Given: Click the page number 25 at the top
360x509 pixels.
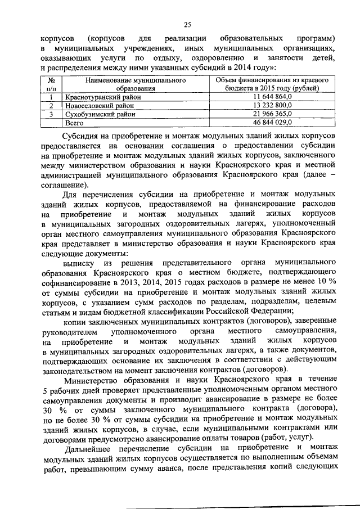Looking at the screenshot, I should coord(187,23).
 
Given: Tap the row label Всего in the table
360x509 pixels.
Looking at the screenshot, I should coord(74,121).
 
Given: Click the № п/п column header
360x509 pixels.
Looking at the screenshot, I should coord(51,84).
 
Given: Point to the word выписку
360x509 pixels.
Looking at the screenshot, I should coord(79,263).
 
